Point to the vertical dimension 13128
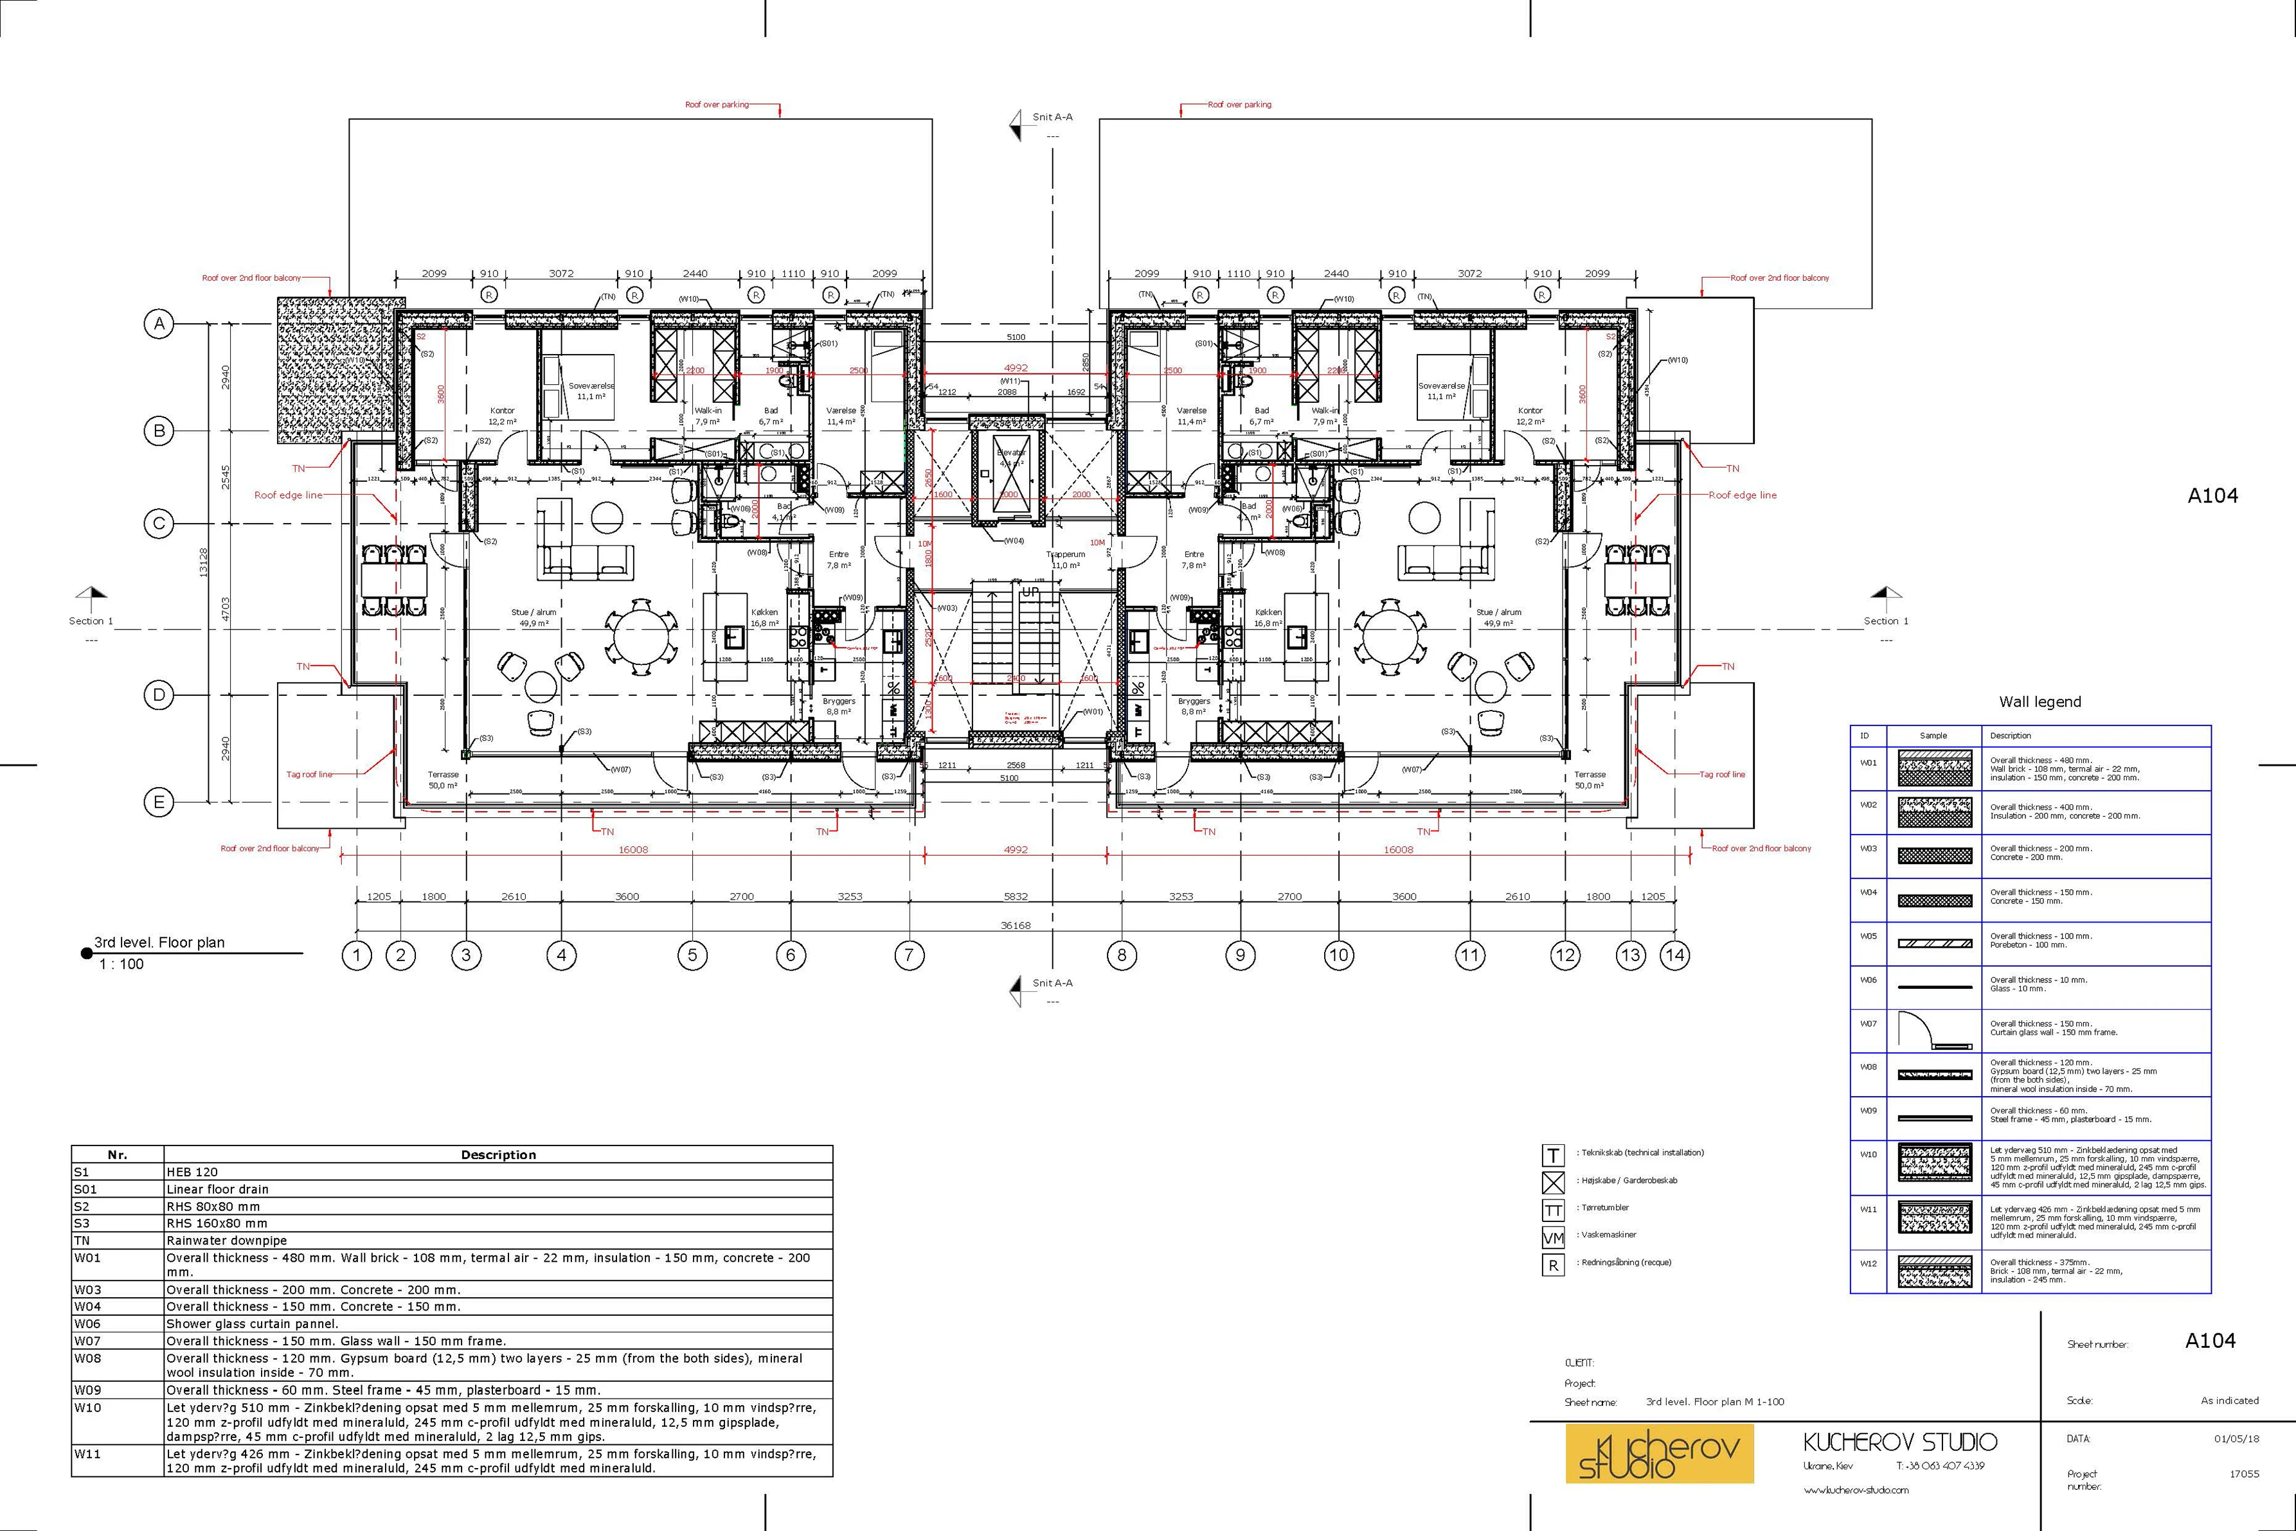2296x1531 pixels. click(202, 562)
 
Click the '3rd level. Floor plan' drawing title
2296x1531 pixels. click(159, 942)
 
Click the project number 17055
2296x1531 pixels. click(2244, 1474)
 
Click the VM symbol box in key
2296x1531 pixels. click(1553, 1238)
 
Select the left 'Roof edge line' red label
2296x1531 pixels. click(288, 495)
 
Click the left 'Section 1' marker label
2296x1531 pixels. click(91, 621)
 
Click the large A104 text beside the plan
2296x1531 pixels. click(2212, 496)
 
